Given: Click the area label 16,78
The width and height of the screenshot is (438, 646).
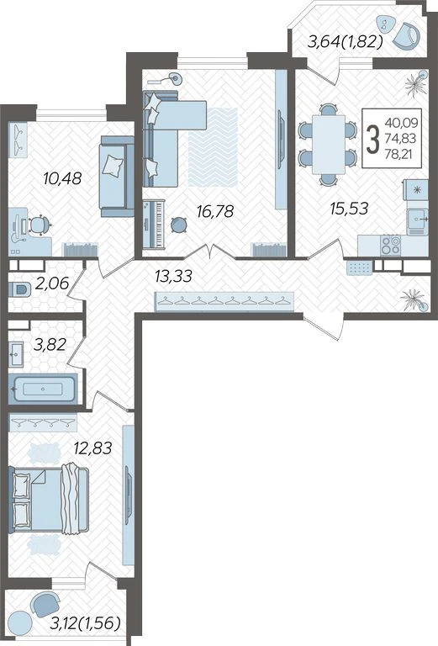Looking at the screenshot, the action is click(215, 212).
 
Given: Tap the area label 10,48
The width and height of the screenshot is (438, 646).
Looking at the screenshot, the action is click(62, 179).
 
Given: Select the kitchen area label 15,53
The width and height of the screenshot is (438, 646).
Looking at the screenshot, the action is click(349, 209).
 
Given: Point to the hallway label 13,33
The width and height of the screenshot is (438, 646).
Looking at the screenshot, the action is click(173, 276).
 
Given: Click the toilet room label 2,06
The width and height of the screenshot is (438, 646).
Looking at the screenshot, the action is click(51, 283).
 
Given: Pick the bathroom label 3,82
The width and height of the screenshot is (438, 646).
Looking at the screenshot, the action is click(50, 344).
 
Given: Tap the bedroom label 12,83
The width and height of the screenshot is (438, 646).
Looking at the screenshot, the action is click(92, 447).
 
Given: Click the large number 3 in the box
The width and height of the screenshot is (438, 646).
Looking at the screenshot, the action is click(372, 140).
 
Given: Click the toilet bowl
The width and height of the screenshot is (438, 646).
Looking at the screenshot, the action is click(19, 289).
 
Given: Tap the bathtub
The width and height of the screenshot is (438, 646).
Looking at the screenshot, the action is click(43, 388).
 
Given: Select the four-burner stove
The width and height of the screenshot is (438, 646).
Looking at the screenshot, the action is click(390, 245).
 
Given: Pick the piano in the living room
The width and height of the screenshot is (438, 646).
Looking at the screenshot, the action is click(154, 225).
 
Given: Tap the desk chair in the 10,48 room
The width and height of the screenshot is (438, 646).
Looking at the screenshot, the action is click(40, 225).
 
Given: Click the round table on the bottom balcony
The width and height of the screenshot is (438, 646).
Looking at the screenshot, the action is click(20, 622).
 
